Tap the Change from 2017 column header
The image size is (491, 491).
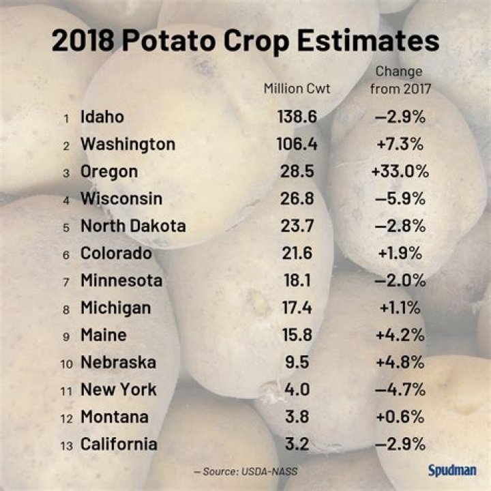(399, 80)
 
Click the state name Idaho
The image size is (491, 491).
(102, 117)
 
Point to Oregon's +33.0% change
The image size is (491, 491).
(400, 171)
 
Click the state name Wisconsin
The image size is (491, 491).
(121, 198)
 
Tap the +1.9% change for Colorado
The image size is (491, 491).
(400, 253)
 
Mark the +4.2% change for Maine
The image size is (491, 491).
(400, 335)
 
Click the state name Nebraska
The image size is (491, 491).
(118, 362)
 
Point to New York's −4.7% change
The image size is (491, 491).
(400, 389)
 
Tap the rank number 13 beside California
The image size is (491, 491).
(65, 445)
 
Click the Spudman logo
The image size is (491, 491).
(451, 470)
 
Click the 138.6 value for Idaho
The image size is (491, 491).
(297, 117)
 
